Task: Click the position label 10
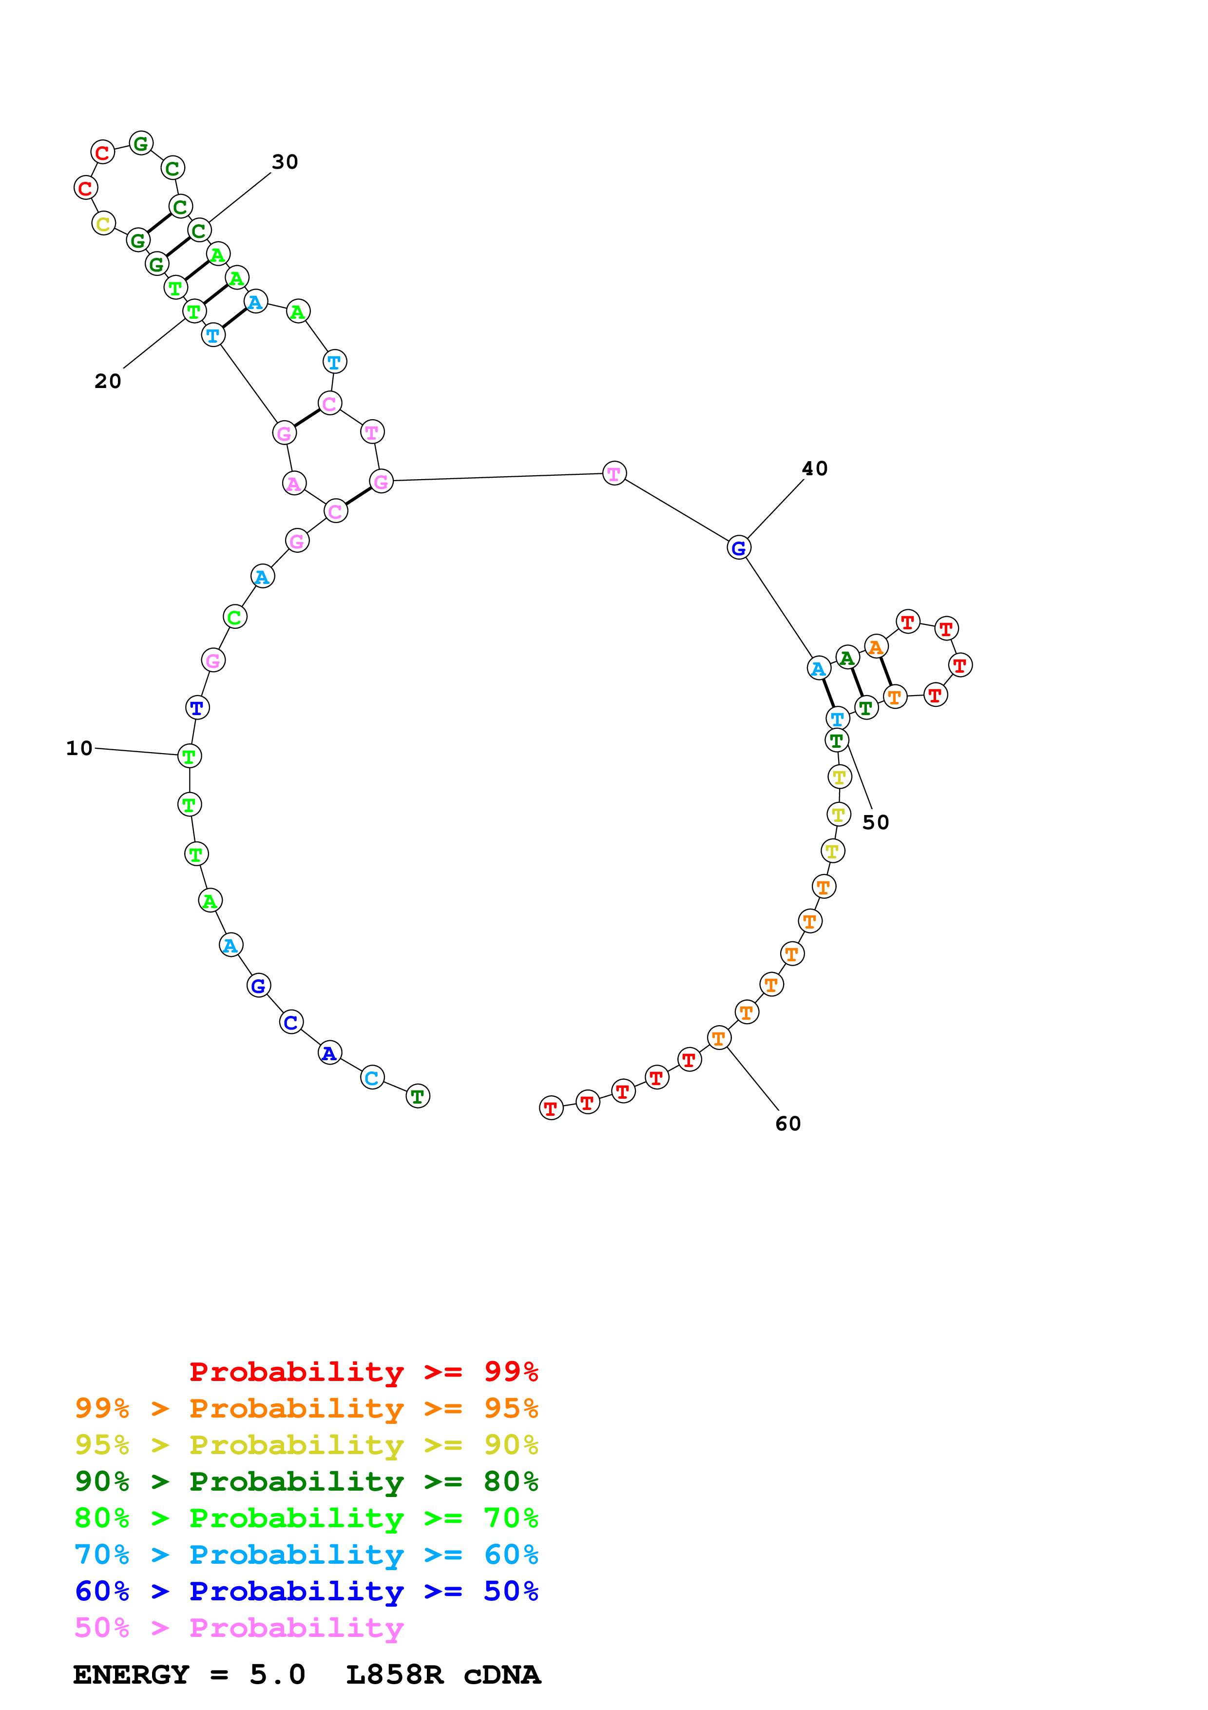(x=79, y=748)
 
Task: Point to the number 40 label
(x=814, y=468)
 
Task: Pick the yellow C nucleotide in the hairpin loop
(x=103, y=223)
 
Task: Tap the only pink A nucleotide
(x=294, y=484)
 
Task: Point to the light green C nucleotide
(x=234, y=617)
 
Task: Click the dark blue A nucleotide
(x=329, y=1053)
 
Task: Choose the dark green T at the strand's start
(x=418, y=1096)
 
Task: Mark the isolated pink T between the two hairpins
(x=614, y=473)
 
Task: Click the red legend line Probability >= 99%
(x=363, y=1371)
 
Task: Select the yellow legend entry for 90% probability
(x=306, y=1445)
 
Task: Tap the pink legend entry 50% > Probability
(x=239, y=1627)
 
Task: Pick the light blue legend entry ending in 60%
(x=306, y=1555)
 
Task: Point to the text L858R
(x=395, y=1674)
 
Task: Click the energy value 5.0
(x=277, y=1674)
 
